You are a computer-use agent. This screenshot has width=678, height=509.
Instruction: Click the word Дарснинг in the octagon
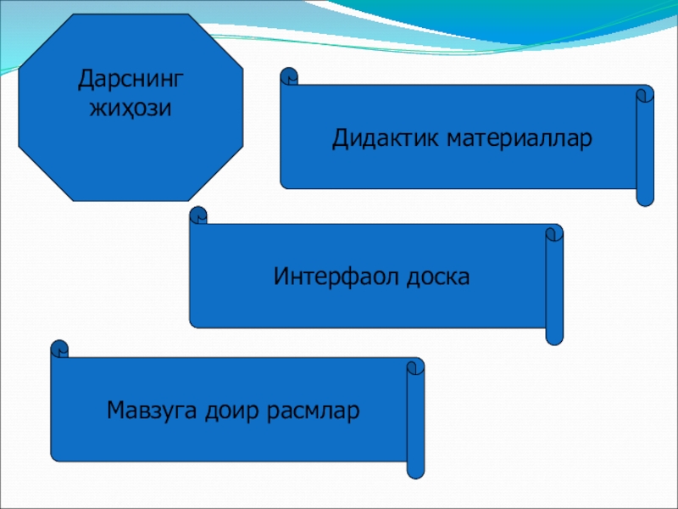(x=131, y=82)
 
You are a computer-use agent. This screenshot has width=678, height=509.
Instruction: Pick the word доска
(x=437, y=277)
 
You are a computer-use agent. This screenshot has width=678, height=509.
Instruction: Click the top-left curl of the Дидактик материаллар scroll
(x=289, y=77)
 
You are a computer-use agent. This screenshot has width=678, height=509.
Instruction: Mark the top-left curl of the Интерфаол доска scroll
(x=198, y=215)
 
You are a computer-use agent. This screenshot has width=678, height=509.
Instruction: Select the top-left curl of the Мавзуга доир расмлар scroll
(x=59, y=349)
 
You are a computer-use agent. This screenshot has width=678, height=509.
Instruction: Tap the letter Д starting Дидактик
(x=339, y=138)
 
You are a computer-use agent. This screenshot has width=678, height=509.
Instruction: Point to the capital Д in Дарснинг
(x=86, y=82)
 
